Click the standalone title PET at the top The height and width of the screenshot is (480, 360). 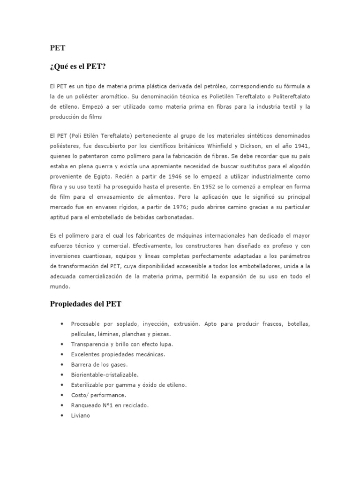[58, 48]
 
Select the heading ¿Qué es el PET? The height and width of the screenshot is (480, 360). [78, 67]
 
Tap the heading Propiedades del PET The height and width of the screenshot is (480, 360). [86, 304]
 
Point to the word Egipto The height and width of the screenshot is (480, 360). [102, 176]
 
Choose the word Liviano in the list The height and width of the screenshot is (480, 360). [80, 415]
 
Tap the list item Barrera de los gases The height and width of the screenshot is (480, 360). [99, 364]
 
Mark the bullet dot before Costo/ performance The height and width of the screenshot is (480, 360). [62, 395]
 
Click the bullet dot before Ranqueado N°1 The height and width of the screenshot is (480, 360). [62, 405]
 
